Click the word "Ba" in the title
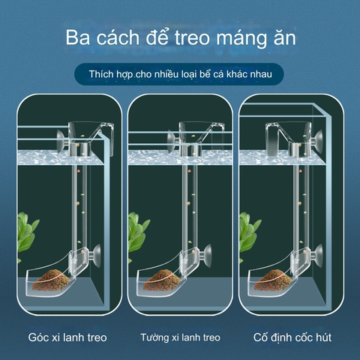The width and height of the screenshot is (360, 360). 79,38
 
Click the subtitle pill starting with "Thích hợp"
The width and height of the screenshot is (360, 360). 180,76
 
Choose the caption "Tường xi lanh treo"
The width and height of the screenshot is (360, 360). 180,337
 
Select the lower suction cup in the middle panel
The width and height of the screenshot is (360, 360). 208,255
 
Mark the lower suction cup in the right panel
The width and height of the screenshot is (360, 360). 316,256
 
